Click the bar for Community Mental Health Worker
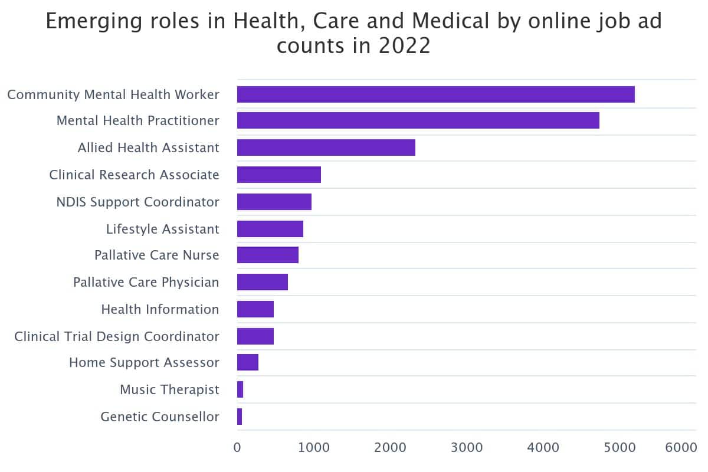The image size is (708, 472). click(x=435, y=94)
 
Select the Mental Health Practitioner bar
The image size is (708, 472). click(x=418, y=120)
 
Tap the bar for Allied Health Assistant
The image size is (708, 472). click(x=326, y=147)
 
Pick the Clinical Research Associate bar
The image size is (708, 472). click(x=278, y=175)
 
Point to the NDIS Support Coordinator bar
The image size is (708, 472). click(x=274, y=202)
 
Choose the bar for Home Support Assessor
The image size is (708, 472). click(x=247, y=362)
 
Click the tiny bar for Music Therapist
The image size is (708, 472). click(x=240, y=389)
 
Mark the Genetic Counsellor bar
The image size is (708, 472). click(x=240, y=417)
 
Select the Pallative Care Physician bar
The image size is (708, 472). click(x=262, y=282)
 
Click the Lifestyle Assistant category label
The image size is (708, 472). click(x=162, y=229)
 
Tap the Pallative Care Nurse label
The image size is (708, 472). click(x=156, y=255)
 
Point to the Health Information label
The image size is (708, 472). click(x=160, y=309)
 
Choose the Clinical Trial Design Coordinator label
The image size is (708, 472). click(x=117, y=336)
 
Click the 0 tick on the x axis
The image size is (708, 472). click(x=237, y=448)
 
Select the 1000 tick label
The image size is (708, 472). click(x=313, y=448)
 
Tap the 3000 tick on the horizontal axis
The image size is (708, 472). click(x=467, y=448)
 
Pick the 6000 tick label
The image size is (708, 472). click(x=681, y=448)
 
